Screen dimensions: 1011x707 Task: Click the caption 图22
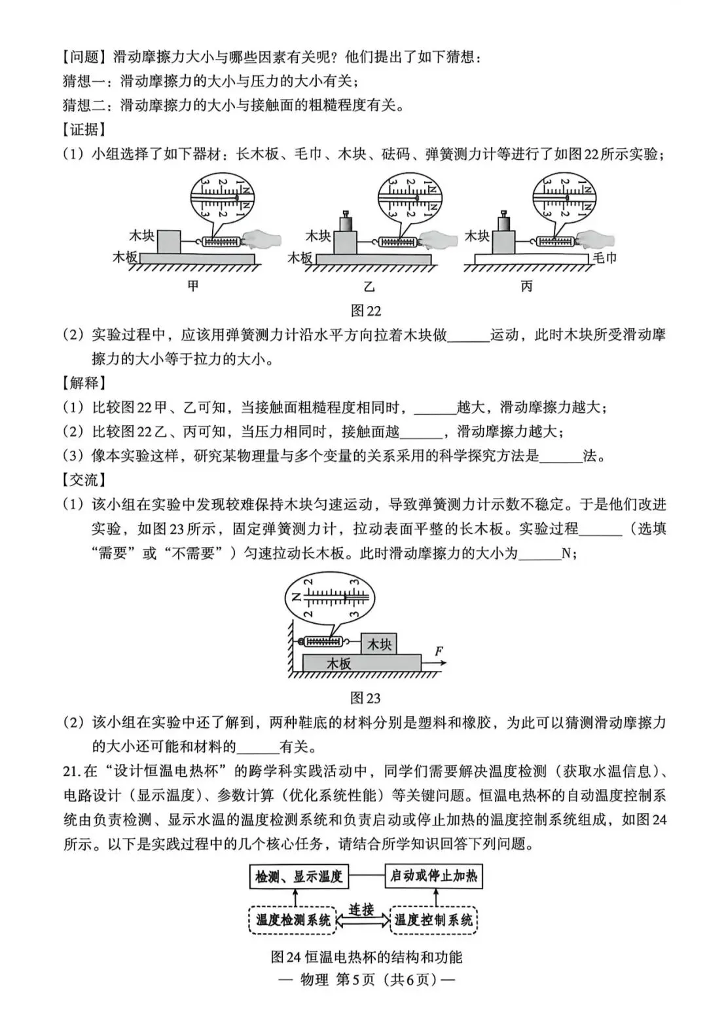365,311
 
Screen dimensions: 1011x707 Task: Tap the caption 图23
365,698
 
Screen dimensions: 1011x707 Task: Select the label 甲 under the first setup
192,286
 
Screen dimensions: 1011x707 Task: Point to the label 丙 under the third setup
527,286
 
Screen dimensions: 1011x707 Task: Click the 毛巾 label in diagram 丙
604,258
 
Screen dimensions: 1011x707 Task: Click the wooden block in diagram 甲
170,242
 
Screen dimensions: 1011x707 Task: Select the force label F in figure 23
439,651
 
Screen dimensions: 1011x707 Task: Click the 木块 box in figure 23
379,644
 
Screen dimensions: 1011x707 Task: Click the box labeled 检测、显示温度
299,876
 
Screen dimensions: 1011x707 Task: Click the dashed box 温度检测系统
293,920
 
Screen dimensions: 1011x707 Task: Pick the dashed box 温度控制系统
433,920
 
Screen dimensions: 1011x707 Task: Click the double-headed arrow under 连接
362,921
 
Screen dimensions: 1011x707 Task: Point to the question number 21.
71,771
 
